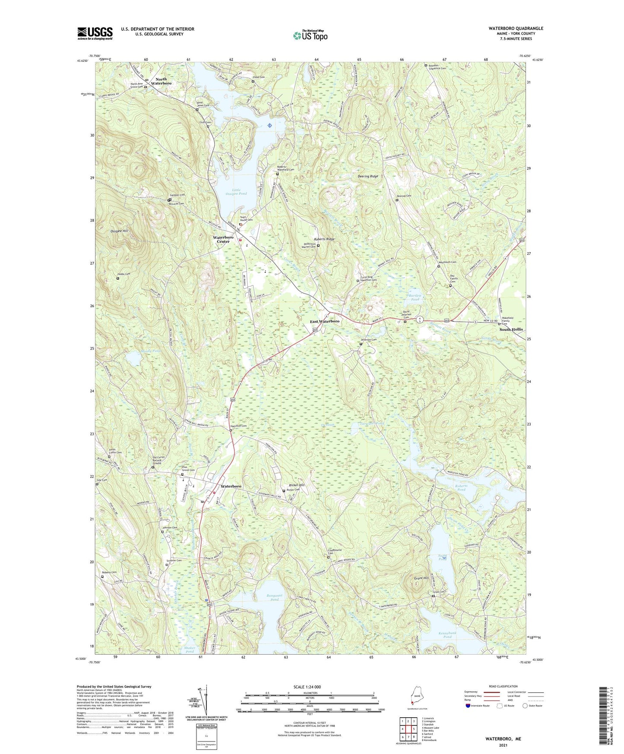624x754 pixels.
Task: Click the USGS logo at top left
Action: [x=95, y=33]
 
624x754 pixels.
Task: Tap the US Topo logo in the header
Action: [x=310, y=35]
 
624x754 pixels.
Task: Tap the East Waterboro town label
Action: [x=325, y=321]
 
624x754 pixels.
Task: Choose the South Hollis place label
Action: [x=511, y=329]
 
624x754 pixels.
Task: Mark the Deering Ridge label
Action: [x=368, y=177]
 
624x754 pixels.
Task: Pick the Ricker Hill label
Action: [x=296, y=485]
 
